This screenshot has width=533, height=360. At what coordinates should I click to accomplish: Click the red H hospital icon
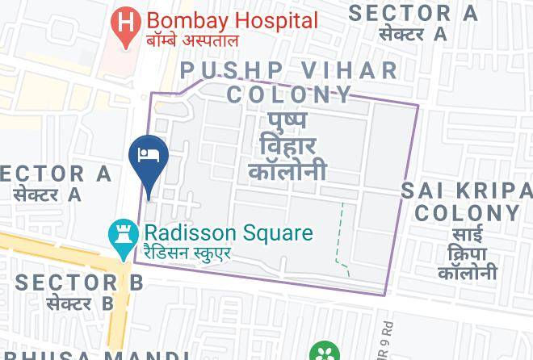pyautogui.click(x=125, y=22)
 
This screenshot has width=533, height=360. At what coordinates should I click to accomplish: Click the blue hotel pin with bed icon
pyautogui.click(x=149, y=158)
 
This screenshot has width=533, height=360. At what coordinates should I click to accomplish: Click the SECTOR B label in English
pyautogui.click(x=79, y=283)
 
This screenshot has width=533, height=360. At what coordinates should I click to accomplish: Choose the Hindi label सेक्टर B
pyautogui.click(x=79, y=303)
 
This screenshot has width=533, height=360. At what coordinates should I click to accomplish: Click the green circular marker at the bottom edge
pyautogui.click(x=325, y=353)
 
